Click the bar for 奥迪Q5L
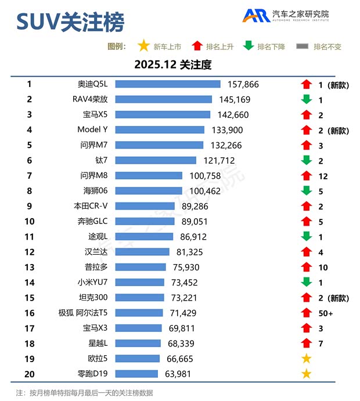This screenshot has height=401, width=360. pyautogui.click(x=168, y=84)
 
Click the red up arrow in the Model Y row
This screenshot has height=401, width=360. pyautogui.click(x=307, y=130)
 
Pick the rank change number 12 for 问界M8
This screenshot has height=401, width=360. pyautogui.click(x=323, y=176)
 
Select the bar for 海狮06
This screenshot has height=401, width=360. pyautogui.click(x=149, y=191)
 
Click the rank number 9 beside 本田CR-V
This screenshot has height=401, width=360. pyautogui.click(x=29, y=206)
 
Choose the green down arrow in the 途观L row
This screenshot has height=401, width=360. pyautogui.click(x=307, y=236)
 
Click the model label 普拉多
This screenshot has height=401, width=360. pyautogui.click(x=96, y=267)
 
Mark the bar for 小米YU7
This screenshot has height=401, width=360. pyautogui.click(x=140, y=282)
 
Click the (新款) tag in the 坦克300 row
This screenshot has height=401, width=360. pyautogui.click(x=338, y=298)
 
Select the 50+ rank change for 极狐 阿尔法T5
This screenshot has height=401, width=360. pyautogui.click(x=326, y=313)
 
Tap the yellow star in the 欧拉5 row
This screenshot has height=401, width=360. pyautogui.click(x=307, y=359)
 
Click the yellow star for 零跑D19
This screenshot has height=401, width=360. pyautogui.click(x=307, y=374)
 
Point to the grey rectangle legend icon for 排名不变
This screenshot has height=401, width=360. pyautogui.click(x=303, y=46)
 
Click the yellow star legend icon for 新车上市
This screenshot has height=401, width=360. pyautogui.click(x=143, y=46)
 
